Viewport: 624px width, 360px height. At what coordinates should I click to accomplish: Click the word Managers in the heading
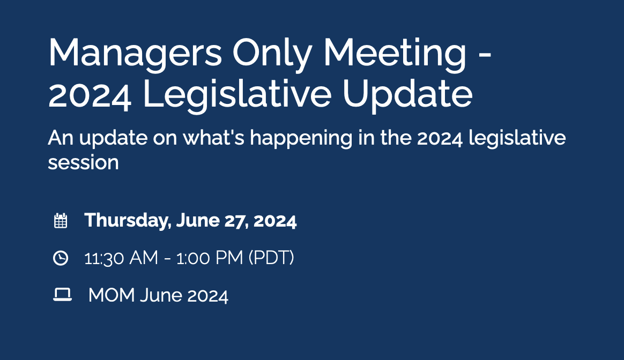[135, 54]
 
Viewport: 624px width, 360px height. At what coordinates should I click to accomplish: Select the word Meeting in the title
[395, 54]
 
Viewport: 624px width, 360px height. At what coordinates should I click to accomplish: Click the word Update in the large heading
[407, 95]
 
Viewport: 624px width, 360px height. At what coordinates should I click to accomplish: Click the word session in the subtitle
[83, 162]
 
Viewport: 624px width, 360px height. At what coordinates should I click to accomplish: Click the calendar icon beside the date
[61, 221]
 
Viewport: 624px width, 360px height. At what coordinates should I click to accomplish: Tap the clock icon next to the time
[61, 258]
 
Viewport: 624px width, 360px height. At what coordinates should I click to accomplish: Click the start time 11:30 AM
[121, 258]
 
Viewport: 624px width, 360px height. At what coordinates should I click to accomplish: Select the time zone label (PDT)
[271, 258]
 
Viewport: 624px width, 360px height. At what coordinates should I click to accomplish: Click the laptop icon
[62, 295]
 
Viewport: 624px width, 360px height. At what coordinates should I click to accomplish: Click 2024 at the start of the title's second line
[90, 95]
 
